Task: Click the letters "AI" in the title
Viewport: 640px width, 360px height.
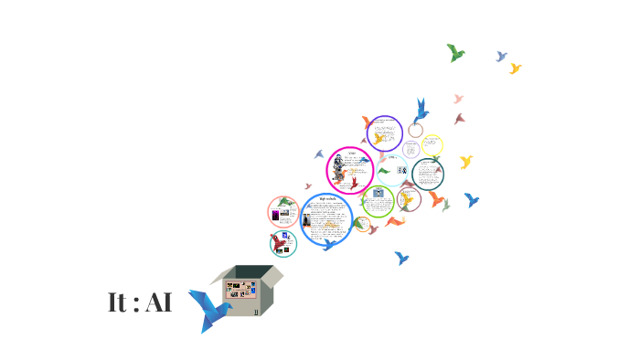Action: [157, 303]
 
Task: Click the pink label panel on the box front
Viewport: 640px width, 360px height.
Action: [241, 291]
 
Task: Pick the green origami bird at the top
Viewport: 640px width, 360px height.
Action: [455, 53]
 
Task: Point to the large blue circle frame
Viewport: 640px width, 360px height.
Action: [326, 220]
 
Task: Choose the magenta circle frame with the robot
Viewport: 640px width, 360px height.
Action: [349, 171]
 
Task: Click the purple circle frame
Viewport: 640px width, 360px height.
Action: [385, 133]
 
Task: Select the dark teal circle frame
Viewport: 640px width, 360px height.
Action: [428, 174]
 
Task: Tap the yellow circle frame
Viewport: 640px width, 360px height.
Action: [432, 145]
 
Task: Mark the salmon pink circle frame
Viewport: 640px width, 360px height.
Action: [284, 212]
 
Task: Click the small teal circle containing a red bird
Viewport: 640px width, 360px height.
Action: [283, 244]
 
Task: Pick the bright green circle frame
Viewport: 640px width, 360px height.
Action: [378, 200]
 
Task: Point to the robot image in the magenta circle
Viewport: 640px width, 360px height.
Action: [339, 170]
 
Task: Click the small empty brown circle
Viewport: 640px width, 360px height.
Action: [415, 130]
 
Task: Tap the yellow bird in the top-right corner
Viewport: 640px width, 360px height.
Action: [515, 69]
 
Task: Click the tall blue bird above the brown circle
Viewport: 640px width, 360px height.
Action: [421, 110]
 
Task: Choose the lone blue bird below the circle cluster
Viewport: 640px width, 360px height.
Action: [400, 259]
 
